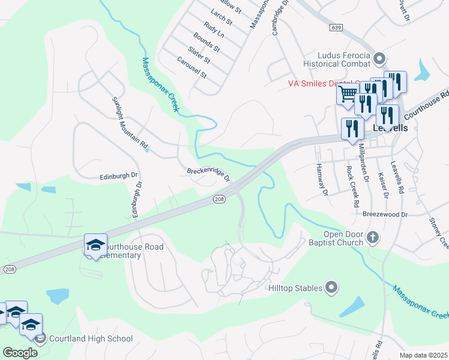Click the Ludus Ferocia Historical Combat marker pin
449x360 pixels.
pyautogui.click(x=379, y=59)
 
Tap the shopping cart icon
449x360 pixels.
pyautogui.click(x=347, y=94)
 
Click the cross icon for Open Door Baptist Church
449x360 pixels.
pyautogui.click(x=372, y=238)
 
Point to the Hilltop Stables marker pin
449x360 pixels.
pyautogui.click(x=331, y=289)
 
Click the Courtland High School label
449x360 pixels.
pyautogui.click(x=91, y=338)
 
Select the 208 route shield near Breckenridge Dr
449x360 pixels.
pyautogui.click(x=220, y=199)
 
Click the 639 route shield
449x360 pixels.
pyautogui.click(x=336, y=28)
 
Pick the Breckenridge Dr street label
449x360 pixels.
pyautogui.click(x=209, y=173)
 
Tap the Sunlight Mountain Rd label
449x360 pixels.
pyautogui.click(x=130, y=122)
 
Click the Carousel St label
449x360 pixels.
pyautogui.click(x=191, y=68)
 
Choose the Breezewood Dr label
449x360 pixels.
pyautogui.click(x=385, y=214)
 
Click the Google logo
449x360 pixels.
pyautogui.click(x=20, y=352)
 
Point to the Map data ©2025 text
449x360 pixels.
pyautogui.click(x=424, y=355)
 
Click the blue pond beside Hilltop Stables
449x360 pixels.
pyautogui.click(x=352, y=306)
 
